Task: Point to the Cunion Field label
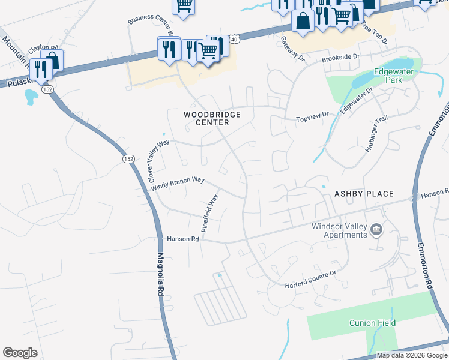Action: (373, 323)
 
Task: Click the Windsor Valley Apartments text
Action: (339, 230)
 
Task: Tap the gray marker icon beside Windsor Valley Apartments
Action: (376, 229)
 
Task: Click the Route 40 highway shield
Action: (234, 39)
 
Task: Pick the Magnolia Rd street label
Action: (161, 274)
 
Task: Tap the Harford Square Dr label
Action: (311, 272)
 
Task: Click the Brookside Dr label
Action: (340, 58)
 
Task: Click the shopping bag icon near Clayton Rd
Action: (52, 60)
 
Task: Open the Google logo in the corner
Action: (20, 353)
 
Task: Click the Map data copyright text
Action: (412, 355)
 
